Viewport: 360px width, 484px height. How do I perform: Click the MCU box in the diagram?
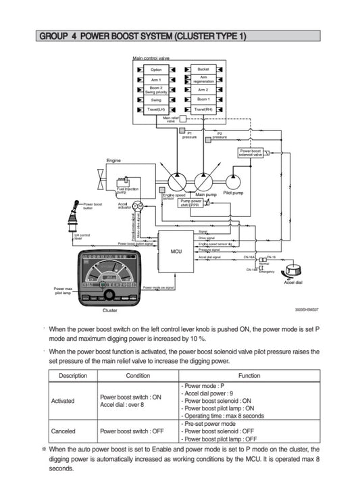coord(176,250)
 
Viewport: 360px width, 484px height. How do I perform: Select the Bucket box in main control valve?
coord(203,70)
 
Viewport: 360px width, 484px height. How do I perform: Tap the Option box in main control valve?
coord(156,70)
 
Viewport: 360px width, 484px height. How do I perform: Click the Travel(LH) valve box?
coord(156,109)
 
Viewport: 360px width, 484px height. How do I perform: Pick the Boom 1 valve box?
coord(203,99)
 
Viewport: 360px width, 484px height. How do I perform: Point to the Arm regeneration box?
coord(203,79)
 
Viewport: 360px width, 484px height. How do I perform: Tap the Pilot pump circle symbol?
coord(234,180)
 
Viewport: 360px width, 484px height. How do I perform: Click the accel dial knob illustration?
coord(292,269)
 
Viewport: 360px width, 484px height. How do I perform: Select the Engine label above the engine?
coord(113,160)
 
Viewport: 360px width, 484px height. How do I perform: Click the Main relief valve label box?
coord(170,120)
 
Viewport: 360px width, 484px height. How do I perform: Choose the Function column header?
coord(249,375)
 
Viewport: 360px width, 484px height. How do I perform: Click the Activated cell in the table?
coord(63,401)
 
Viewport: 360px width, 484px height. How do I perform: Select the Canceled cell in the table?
coord(63,430)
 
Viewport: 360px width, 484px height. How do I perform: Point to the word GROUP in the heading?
coord(53,36)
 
